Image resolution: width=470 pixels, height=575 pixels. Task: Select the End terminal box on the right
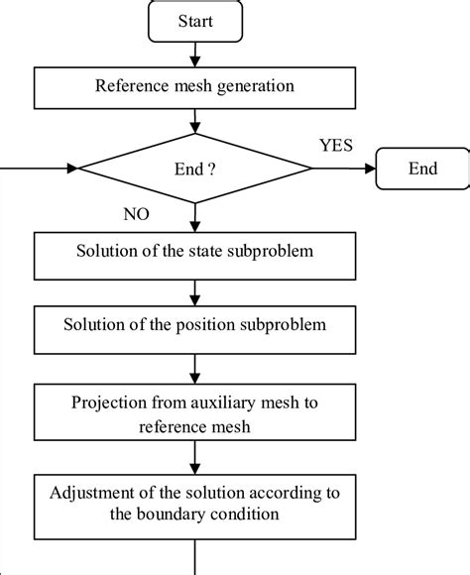coord(422,170)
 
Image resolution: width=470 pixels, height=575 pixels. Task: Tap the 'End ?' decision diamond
coord(194,170)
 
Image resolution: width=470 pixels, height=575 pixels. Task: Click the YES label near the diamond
coord(335,146)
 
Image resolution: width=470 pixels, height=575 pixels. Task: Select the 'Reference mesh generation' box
coord(194,86)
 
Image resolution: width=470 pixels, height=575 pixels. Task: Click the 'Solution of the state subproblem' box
coord(194,252)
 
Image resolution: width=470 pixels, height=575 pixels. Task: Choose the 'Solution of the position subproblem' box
coord(194,326)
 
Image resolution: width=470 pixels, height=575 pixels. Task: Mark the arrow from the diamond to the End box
coord(343,170)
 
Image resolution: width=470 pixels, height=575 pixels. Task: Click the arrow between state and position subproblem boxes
coord(194,289)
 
